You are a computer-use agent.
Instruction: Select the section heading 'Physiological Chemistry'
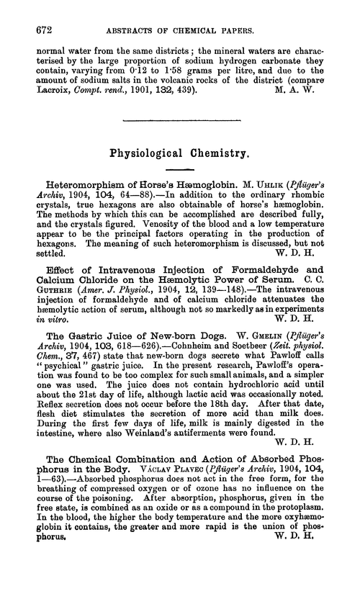(179, 153)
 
